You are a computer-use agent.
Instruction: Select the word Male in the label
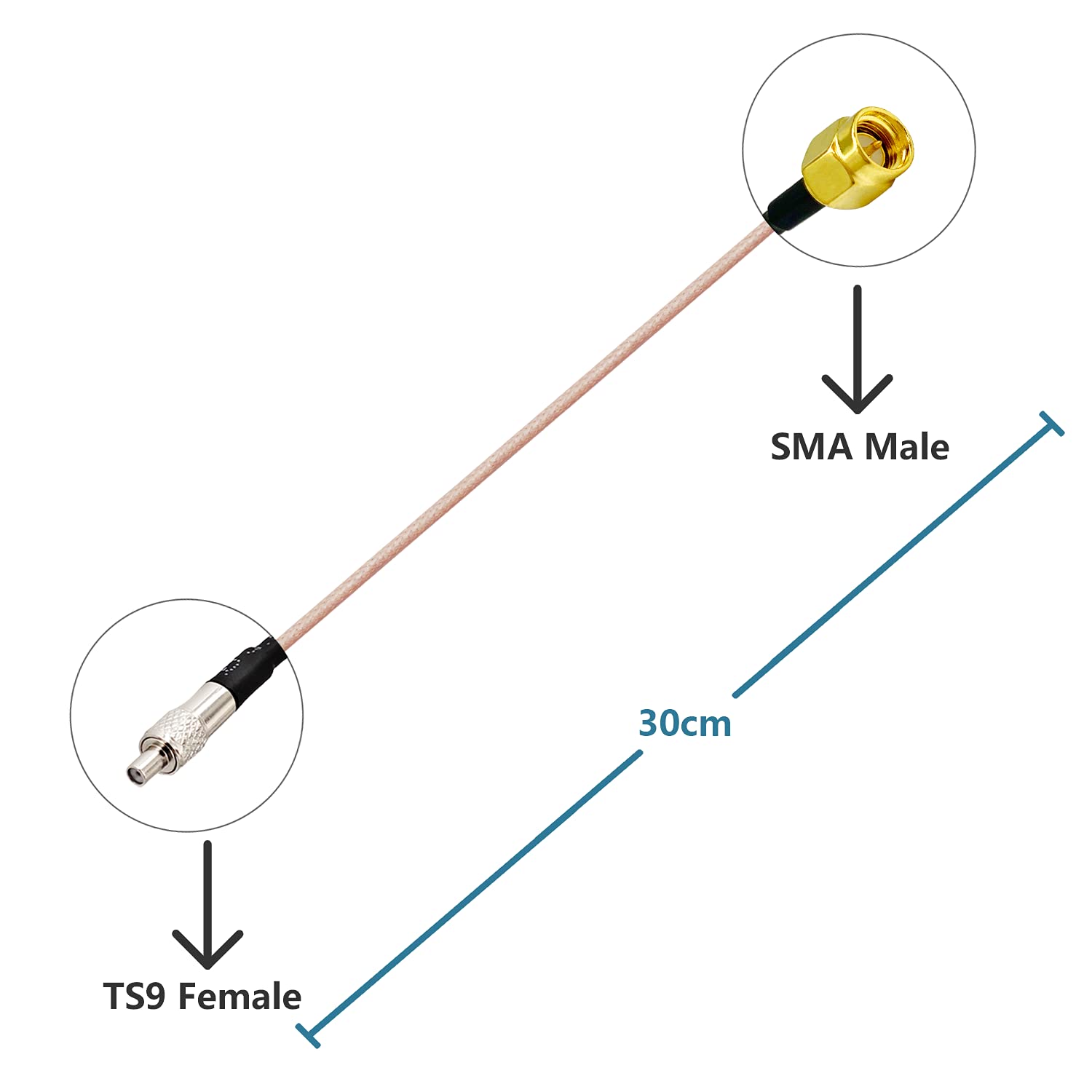[x=906, y=447]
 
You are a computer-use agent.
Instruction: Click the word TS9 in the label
[x=135, y=997]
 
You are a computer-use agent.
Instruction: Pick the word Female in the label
[x=240, y=997]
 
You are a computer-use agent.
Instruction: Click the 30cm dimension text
[x=684, y=724]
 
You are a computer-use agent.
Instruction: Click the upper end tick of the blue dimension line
[x=1052, y=424]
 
